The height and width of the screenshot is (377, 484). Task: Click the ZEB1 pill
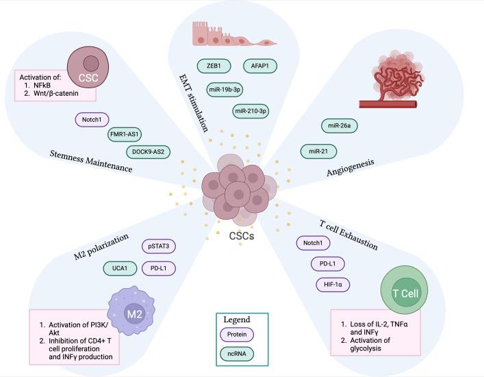[214, 66]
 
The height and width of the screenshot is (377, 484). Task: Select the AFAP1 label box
[260, 66]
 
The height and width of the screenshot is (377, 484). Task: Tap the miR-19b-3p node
[225, 90]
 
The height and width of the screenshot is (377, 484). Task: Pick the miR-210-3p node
[251, 111]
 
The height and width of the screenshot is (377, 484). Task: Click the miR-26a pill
[340, 126]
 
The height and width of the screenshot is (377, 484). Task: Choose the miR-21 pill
[318, 151]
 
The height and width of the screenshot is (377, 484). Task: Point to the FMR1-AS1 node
[125, 135]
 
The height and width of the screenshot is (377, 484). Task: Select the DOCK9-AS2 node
[148, 152]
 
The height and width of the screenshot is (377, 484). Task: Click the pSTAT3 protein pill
[159, 246]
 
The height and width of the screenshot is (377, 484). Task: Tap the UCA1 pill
[120, 268]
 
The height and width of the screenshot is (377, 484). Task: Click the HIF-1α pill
[333, 285]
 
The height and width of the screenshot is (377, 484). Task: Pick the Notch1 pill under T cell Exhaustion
[313, 243]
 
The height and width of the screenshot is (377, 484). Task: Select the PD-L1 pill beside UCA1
[159, 268]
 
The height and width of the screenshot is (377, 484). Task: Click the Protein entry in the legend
[237, 335]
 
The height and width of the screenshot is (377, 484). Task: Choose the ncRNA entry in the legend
[237, 354]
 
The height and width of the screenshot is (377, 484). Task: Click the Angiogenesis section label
[351, 168]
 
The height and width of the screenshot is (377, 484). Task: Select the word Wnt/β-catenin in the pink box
[56, 93]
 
